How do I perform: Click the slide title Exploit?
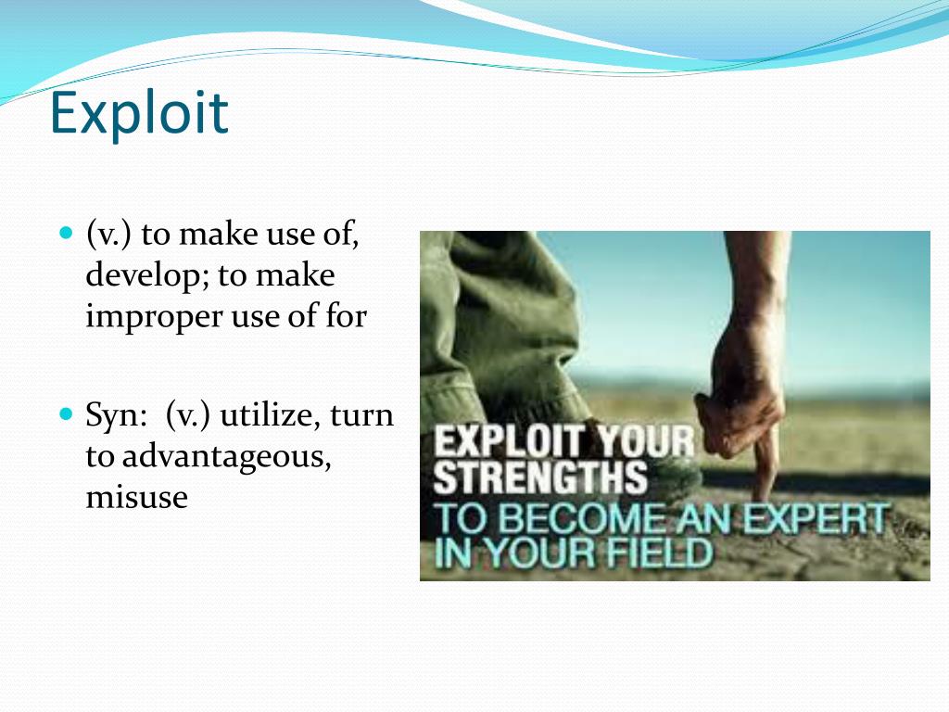[139, 112]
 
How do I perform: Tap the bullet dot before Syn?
[66, 413]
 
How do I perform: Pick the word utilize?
[270, 415]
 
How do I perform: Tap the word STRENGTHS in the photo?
[540, 477]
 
